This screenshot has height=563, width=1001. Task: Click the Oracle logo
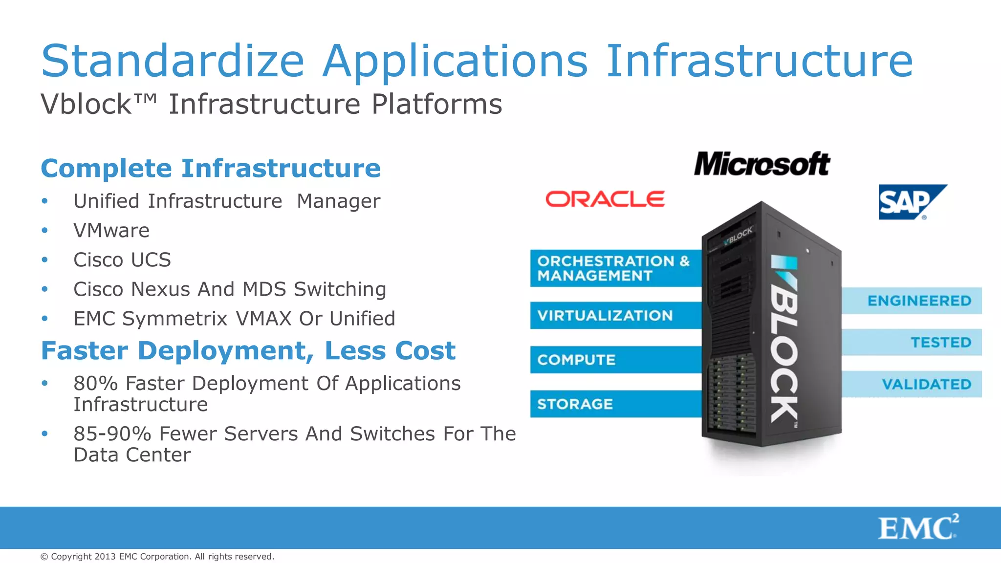pos(605,199)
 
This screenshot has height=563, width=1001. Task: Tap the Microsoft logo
pos(762,164)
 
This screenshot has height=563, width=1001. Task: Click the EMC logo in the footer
pos(918,528)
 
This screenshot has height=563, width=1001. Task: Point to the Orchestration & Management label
pos(614,268)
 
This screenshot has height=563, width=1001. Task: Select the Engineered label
pos(919,301)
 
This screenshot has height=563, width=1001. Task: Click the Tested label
pos(940,343)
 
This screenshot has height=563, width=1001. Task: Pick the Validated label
pos(926,384)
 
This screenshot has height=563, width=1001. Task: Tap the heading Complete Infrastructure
pos(211,169)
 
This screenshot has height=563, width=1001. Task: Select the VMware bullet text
pos(111,231)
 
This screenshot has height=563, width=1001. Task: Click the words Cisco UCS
pos(122,260)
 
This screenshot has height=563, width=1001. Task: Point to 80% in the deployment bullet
pos(96,384)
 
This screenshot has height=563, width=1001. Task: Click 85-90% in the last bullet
pos(112,434)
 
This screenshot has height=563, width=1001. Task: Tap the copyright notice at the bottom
pos(157,557)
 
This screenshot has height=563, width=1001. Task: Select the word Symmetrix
pos(174,319)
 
